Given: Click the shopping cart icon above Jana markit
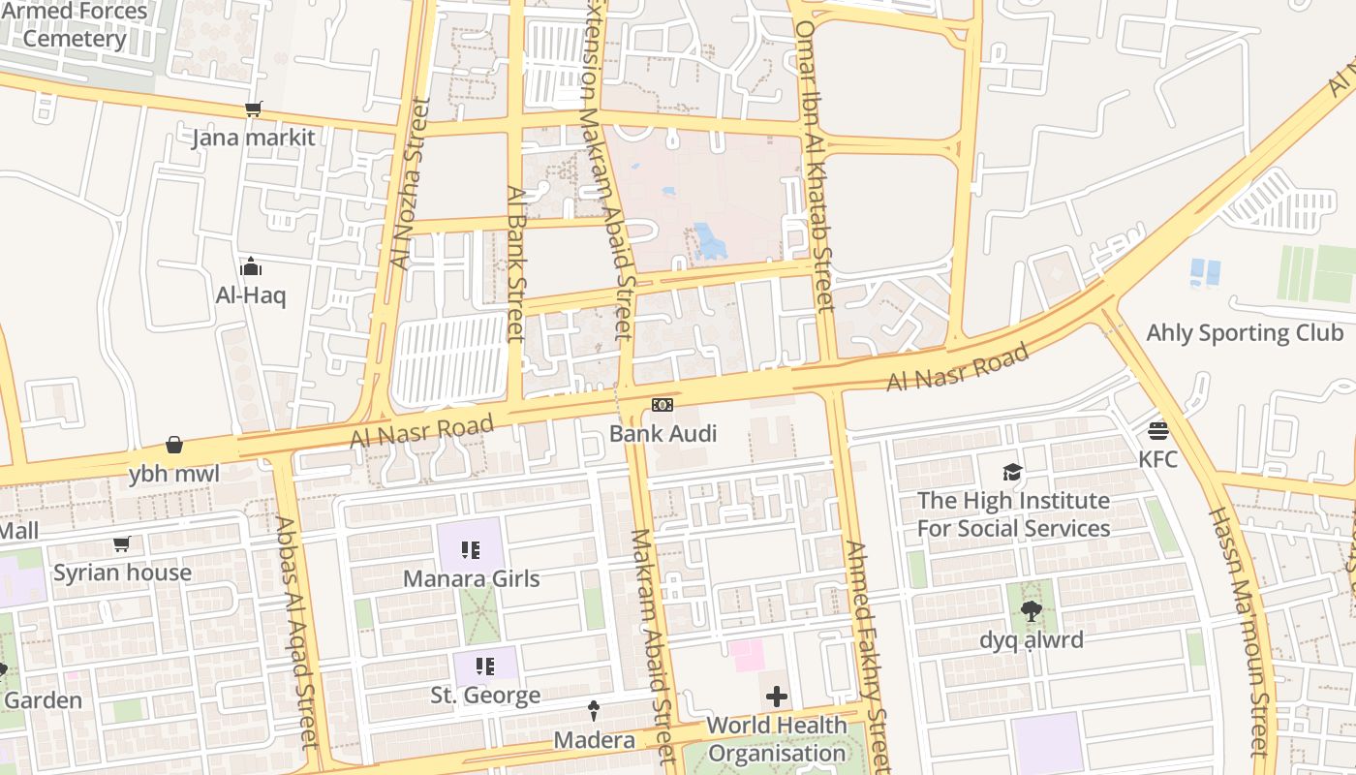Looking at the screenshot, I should tap(253, 108).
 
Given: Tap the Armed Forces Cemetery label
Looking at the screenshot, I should tap(74, 26).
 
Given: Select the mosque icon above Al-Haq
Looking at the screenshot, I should tap(251, 266).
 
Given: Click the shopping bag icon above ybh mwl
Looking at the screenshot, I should tap(174, 445).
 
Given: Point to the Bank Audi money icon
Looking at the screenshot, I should tap(663, 404).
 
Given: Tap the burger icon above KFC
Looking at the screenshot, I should tap(1158, 430).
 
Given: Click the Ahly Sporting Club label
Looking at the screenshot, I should tap(1245, 333).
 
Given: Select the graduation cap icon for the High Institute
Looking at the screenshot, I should tap(1012, 472).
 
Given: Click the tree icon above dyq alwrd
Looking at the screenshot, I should tap(1031, 611).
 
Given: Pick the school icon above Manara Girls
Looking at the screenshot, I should tap(471, 550).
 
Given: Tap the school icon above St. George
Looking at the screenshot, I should tap(485, 666).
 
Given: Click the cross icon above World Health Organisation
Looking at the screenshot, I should tap(776, 697).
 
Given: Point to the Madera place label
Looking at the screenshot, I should tap(594, 740).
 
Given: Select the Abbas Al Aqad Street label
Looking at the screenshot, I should tap(297, 632).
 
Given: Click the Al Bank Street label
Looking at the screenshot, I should tap(515, 263).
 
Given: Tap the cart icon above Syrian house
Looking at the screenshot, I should tap(121, 544).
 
